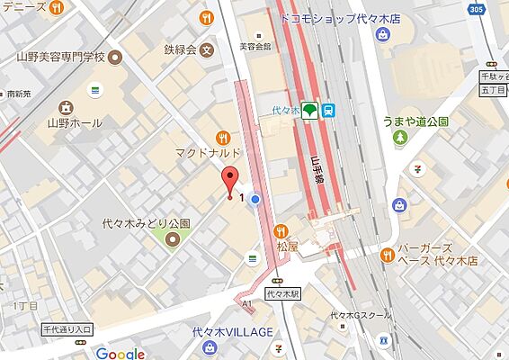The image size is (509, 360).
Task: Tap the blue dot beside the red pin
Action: click(x=255, y=199)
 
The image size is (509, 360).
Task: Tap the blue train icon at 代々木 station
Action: click(x=330, y=110)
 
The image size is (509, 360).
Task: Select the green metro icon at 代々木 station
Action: click(x=309, y=110)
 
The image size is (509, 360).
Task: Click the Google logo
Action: click(x=120, y=353)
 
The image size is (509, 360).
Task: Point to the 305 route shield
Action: click(x=477, y=9)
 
